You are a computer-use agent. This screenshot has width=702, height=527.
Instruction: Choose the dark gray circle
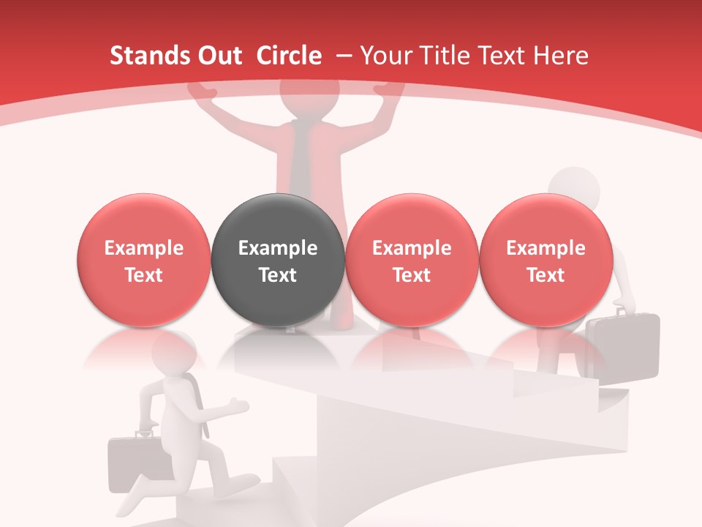277,261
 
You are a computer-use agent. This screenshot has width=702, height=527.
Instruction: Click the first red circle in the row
143,261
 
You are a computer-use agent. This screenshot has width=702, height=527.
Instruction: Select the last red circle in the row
546,261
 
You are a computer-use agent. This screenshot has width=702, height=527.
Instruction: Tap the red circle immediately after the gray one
412,261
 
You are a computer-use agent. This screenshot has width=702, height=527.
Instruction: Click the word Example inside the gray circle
277,248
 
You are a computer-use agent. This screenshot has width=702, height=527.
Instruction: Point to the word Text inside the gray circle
277,275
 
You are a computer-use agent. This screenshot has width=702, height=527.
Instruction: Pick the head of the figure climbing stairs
574,189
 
